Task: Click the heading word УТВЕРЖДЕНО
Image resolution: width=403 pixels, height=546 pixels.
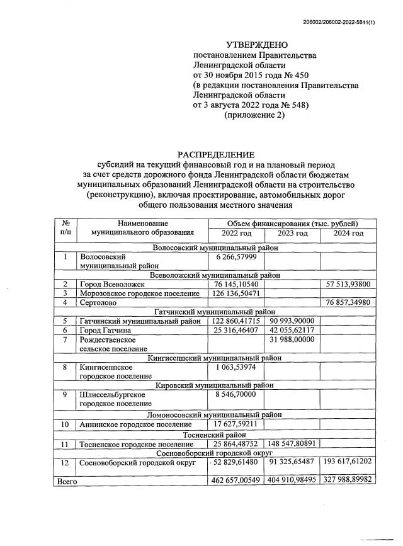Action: point(256,45)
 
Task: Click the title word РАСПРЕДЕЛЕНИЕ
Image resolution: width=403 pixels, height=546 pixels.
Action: point(216,154)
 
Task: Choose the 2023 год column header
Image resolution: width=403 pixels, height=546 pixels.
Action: point(292,234)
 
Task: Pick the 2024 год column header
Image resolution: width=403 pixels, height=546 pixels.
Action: point(348,234)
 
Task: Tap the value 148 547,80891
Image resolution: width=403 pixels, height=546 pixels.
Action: point(292,443)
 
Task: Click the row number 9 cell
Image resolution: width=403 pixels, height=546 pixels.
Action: point(64,394)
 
